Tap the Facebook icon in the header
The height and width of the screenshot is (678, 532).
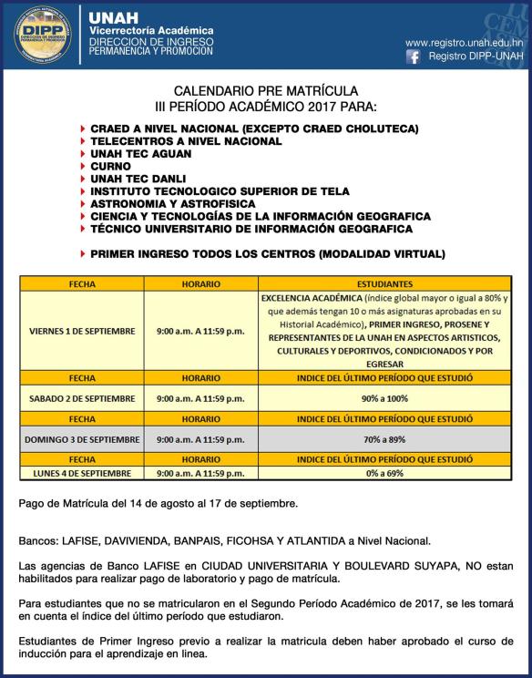click(413, 56)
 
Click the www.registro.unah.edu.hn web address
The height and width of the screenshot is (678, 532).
click(464, 42)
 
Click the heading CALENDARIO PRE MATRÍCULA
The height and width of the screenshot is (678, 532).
click(265, 92)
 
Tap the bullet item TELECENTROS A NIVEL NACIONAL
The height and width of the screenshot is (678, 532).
click(186, 142)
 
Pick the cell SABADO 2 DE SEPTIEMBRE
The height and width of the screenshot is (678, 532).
click(82, 398)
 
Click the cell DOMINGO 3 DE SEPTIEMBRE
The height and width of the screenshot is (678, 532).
click(82, 439)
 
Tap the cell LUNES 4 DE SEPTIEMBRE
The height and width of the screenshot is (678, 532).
click(82, 473)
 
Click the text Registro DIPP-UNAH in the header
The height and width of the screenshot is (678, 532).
click(470, 56)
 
